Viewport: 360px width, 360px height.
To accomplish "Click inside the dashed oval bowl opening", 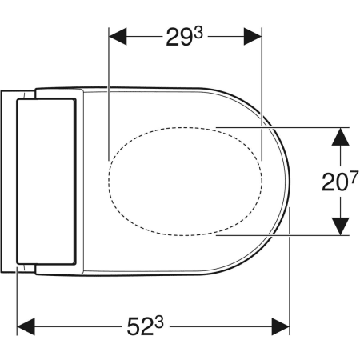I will [186, 181].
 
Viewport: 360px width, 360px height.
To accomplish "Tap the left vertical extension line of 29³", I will [108, 96].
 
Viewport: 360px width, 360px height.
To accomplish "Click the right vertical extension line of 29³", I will [262, 96].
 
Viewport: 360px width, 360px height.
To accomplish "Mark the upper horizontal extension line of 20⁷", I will [280, 126].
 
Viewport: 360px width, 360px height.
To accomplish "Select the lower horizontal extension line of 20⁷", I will [280, 235].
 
